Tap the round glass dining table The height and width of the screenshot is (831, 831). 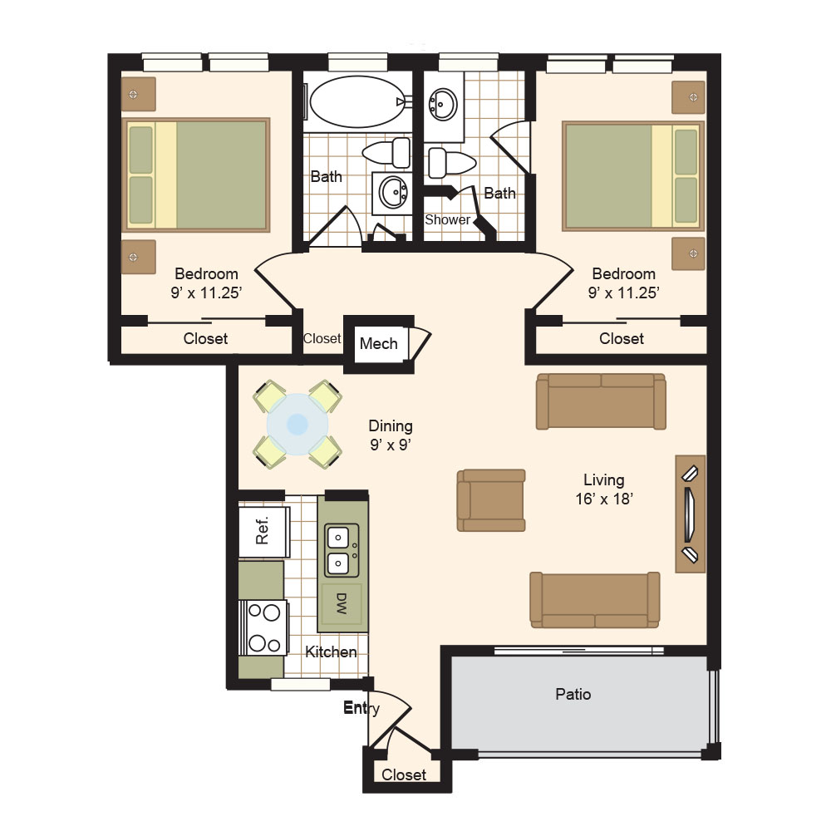(x=297, y=424)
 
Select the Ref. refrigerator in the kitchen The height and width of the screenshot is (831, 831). (x=264, y=532)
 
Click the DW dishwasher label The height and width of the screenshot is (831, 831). (x=342, y=603)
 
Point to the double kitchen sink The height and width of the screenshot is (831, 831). (x=342, y=551)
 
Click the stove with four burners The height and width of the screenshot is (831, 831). (x=263, y=628)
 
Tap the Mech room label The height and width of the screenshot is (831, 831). (x=378, y=343)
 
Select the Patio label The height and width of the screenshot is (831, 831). (x=573, y=694)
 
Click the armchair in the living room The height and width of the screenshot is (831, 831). (x=491, y=499)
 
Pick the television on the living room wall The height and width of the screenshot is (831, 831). (x=689, y=514)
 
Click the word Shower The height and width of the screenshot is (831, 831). (x=447, y=219)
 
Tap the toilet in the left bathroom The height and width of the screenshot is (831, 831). (x=386, y=153)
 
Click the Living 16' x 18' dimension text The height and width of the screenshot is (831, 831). (x=604, y=489)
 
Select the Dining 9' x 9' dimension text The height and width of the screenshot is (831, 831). (x=391, y=435)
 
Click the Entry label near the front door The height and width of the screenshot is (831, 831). (x=361, y=707)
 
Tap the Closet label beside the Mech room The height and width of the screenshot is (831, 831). (x=322, y=338)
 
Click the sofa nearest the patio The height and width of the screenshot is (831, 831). (x=595, y=600)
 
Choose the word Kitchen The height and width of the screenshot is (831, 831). (x=331, y=652)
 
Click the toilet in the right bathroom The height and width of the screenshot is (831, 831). (x=451, y=163)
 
